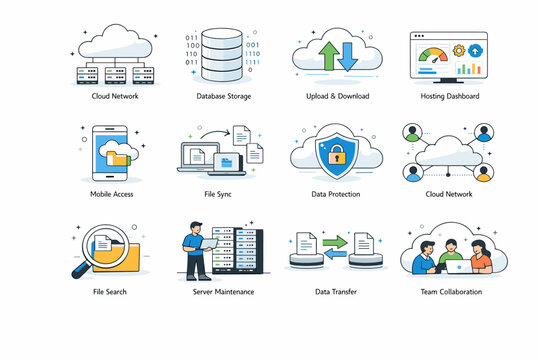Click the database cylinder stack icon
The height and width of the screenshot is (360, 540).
point(223,55)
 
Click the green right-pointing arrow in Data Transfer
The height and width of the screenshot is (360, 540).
point(332,241)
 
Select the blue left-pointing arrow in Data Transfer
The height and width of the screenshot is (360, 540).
point(332,257)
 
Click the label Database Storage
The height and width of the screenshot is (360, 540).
point(223,96)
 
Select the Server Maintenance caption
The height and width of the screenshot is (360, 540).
point(223,292)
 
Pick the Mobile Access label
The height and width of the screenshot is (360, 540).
point(112,194)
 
